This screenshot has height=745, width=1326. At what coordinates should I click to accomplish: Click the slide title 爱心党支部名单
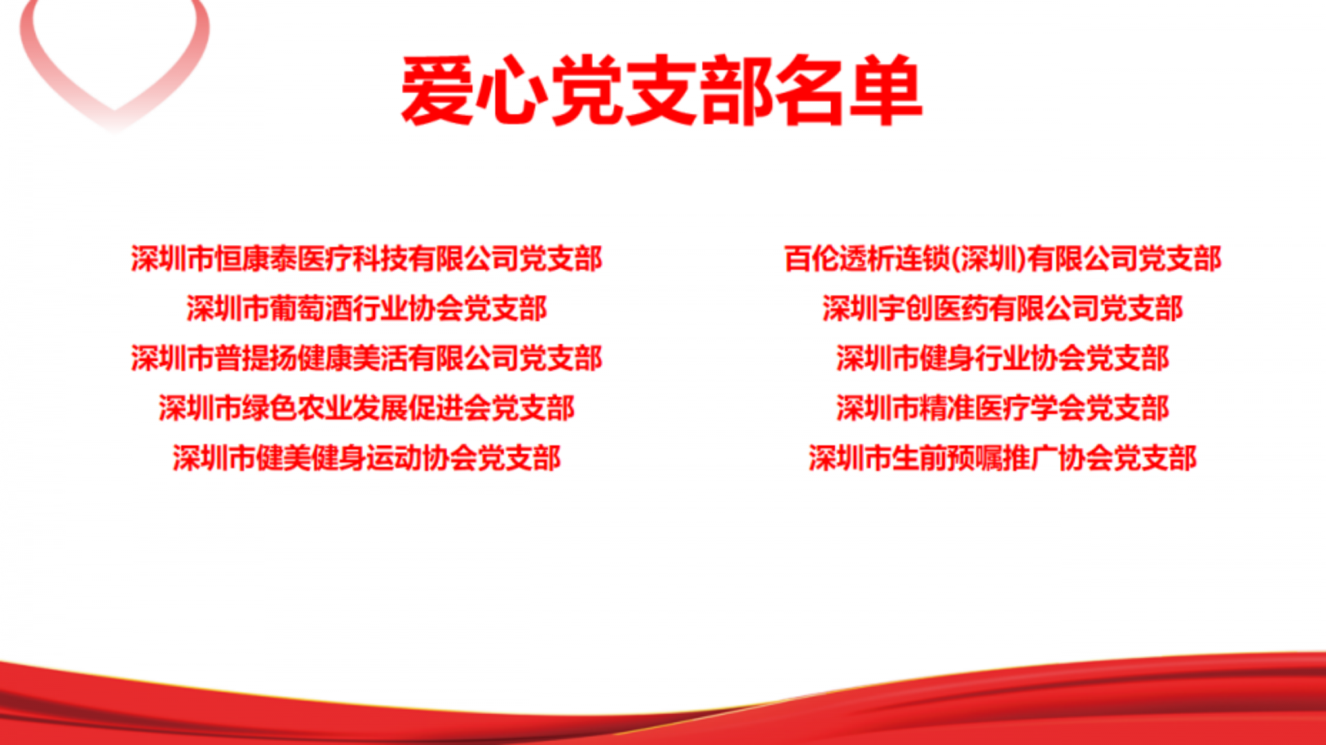[x=662, y=90]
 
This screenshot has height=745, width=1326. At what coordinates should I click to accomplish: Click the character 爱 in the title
[x=436, y=90]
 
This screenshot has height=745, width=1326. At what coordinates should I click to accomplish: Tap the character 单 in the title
[x=887, y=90]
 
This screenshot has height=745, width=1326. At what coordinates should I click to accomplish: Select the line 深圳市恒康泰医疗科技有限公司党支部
[x=367, y=259]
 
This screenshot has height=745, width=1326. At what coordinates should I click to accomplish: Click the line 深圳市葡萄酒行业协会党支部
[x=367, y=309]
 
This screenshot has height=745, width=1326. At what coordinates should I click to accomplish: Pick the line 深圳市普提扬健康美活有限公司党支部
[x=367, y=358]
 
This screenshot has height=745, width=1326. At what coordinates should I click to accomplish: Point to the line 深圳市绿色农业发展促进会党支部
[x=367, y=408]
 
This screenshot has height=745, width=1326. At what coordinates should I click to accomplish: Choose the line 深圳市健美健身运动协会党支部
[x=367, y=458]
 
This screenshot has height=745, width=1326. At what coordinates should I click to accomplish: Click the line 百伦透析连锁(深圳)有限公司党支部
[x=1003, y=259]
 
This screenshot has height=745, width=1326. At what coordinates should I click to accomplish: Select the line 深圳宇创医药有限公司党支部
[x=1003, y=309]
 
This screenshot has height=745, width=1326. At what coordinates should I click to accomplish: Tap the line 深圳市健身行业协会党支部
[x=1003, y=358]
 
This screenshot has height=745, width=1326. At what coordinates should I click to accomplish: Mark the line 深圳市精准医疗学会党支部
[x=1003, y=408]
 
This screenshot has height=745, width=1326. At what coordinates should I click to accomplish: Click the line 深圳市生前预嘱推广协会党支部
[x=1003, y=458]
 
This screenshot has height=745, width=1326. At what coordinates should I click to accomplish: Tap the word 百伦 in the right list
[x=811, y=259]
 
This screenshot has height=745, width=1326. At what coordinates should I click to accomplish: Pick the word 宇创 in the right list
[x=905, y=309]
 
